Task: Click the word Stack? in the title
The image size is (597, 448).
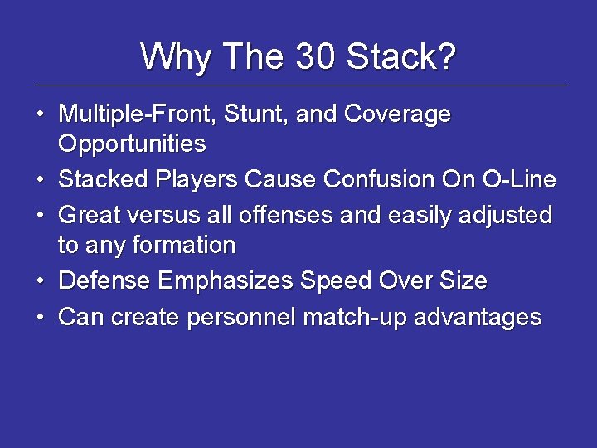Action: tap(400, 57)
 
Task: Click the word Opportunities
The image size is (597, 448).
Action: tap(132, 144)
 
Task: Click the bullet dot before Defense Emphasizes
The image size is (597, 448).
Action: tap(40, 281)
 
